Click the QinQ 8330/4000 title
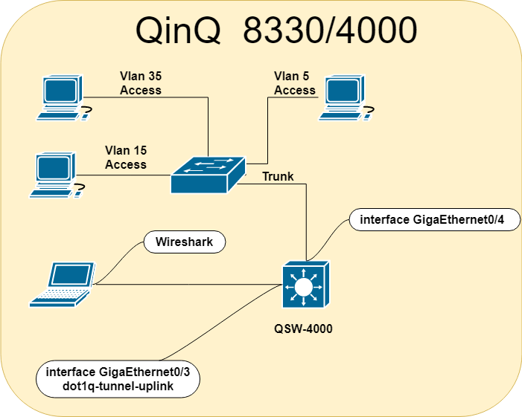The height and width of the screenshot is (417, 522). [276, 31]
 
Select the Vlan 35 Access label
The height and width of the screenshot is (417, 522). [140, 83]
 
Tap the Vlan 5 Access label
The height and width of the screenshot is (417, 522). [295, 83]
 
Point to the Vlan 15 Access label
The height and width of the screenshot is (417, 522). [126, 158]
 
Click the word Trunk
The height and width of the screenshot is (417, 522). [278, 177]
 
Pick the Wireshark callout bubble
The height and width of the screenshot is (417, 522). [184, 242]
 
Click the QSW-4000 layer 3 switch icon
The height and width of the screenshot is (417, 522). [304, 285]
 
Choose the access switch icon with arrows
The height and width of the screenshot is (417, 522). [208, 175]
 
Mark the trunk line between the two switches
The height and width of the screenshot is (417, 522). [306, 223]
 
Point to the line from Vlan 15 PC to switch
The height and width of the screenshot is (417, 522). [123, 175]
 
